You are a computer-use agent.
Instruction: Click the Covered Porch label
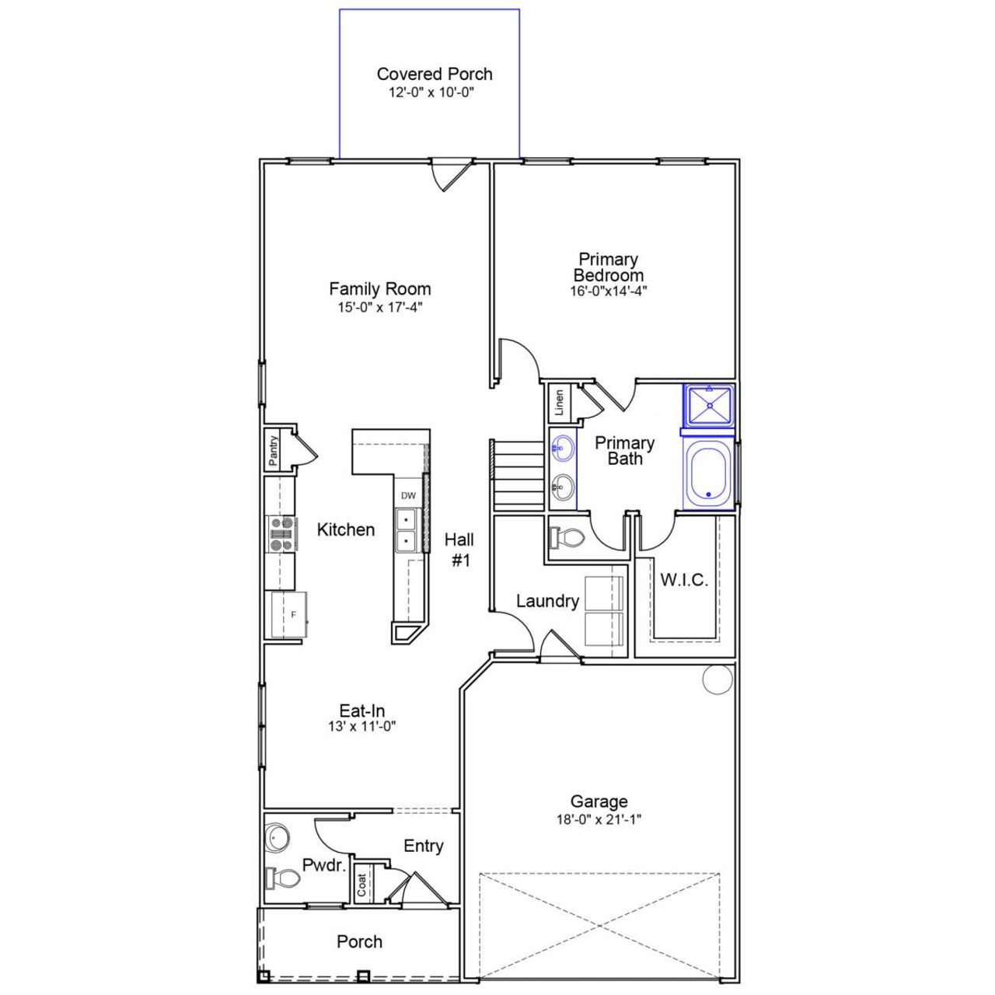pyautogui.click(x=435, y=74)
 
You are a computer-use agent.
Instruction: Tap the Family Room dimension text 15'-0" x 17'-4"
pyautogui.click(x=379, y=307)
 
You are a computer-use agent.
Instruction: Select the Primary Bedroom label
pyautogui.click(x=608, y=267)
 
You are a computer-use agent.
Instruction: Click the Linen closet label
pyautogui.click(x=559, y=403)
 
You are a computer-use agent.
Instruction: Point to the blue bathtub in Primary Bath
pyautogui.click(x=707, y=472)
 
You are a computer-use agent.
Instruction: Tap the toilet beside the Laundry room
pyautogui.click(x=567, y=537)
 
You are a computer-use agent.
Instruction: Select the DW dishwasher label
pyautogui.click(x=408, y=496)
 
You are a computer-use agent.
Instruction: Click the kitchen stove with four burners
pyautogui.click(x=281, y=534)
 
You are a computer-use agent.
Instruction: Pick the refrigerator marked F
pyautogui.click(x=288, y=614)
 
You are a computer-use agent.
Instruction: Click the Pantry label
pyautogui.click(x=274, y=451)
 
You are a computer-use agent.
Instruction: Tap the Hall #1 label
pyautogui.click(x=460, y=549)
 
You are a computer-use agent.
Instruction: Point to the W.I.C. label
pyautogui.click(x=684, y=580)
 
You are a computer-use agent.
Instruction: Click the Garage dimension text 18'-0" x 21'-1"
pyautogui.click(x=599, y=819)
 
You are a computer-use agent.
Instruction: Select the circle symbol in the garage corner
pyautogui.click(x=717, y=679)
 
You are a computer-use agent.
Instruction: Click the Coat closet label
pyautogui.click(x=362, y=885)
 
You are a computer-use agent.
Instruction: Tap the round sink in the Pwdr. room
pyautogui.click(x=277, y=837)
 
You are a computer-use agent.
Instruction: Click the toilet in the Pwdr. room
pyautogui.click(x=283, y=878)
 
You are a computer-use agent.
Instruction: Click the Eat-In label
pyautogui.click(x=362, y=710)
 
